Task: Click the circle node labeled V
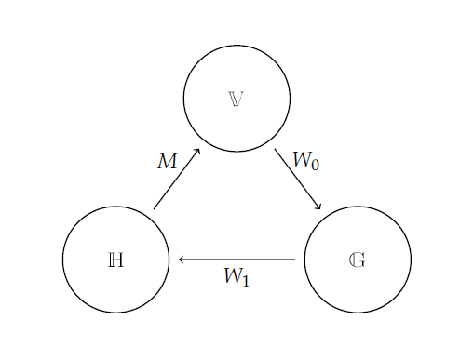click(x=236, y=98)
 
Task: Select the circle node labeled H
click(x=115, y=260)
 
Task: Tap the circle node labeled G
click(x=358, y=260)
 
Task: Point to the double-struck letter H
click(x=115, y=260)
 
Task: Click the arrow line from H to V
click(x=177, y=178)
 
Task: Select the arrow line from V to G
click(x=297, y=179)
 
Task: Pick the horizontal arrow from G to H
click(x=236, y=260)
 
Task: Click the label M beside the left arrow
click(x=167, y=162)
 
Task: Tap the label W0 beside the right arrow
click(x=305, y=161)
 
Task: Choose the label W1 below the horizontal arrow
click(x=236, y=276)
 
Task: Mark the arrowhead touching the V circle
click(x=198, y=150)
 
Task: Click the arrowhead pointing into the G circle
click(x=319, y=208)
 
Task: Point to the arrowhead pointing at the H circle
click(x=180, y=260)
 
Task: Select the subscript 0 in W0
click(x=315, y=165)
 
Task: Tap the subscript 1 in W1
click(x=246, y=280)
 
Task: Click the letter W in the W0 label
click(x=301, y=159)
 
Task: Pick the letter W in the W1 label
click(x=233, y=275)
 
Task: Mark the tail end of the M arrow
click(x=154, y=208)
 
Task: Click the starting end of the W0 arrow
click(x=275, y=149)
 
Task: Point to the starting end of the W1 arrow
click(x=295, y=260)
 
